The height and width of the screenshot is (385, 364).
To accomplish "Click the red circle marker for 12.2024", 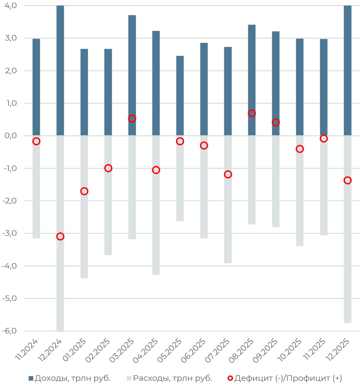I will [60, 236].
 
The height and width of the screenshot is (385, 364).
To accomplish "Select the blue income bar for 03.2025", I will [132, 65].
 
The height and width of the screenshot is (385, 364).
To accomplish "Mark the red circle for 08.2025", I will [252, 114].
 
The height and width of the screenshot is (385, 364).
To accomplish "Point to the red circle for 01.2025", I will [84, 191].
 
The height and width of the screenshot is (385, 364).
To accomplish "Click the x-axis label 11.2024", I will [27, 350].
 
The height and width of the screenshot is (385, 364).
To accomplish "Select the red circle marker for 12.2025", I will [347, 180].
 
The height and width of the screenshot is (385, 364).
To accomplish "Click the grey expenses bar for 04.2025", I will [156, 227].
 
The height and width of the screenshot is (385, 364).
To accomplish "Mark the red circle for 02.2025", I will [108, 168].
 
